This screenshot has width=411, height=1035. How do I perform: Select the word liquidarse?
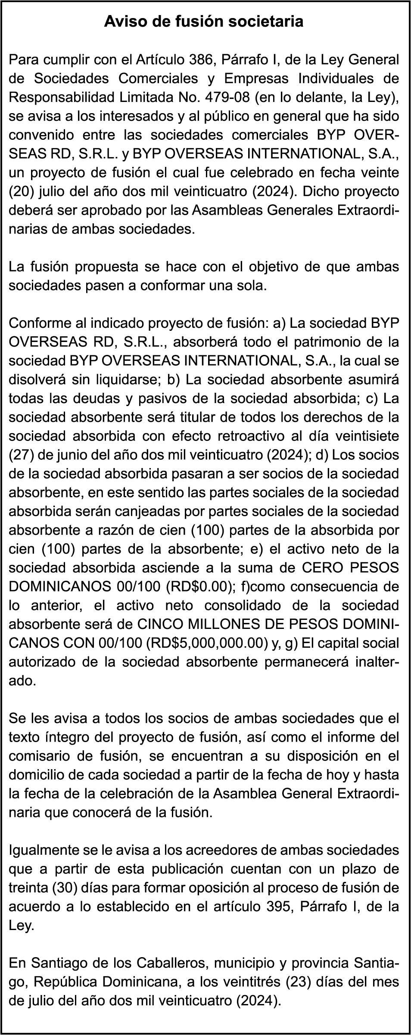tap(119, 380)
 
